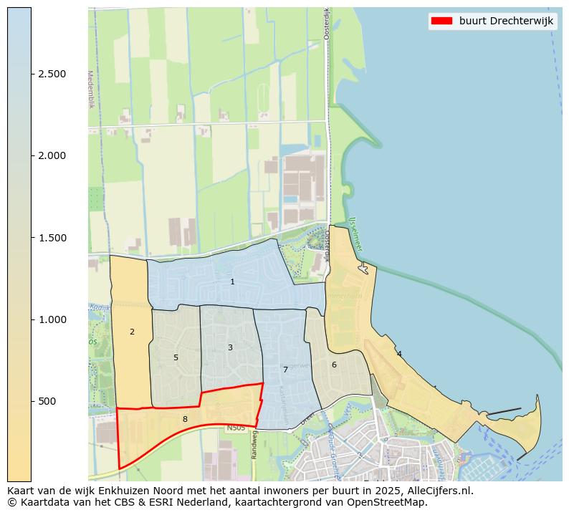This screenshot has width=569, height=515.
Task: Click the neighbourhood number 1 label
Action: pyautogui.click(x=232, y=282)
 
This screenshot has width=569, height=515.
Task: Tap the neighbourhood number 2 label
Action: pyautogui.click(x=132, y=332)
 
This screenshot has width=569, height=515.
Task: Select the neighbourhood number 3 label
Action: pyautogui.click(x=230, y=347)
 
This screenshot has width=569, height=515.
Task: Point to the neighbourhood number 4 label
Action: pyautogui.click(x=399, y=354)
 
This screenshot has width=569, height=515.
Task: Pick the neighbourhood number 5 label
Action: pyautogui.click(x=176, y=357)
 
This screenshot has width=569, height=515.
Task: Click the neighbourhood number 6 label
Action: pyautogui.click(x=334, y=365)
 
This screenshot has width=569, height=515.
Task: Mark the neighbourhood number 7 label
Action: pyautogui.click(x=285, y=370)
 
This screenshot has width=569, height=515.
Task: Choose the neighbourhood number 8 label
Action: pyautogui.click(x=185, y=419)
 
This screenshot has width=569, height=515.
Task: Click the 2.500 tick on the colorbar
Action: pyautogui.click(x=52, y=74)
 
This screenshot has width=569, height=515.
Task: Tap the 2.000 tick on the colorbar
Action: pyautogui.click(x=52, y=155)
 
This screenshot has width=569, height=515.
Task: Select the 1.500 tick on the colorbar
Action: pyautogui.click(x=52, y=238)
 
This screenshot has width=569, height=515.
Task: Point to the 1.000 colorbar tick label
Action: pyautogui.click(x=52, y=319)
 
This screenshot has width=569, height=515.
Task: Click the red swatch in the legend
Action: pyautogui.click(x=441, y=21)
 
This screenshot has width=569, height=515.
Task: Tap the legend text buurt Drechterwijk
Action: pyautogui.click(x=506, y=21)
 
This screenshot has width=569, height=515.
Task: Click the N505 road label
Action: pyautogui.click(x=236, y=428)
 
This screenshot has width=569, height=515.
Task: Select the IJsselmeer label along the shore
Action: pyautogui.click(x=355, y=235)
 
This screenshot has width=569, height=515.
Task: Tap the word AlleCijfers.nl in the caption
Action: pyautogui.click(x=436, y=491)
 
